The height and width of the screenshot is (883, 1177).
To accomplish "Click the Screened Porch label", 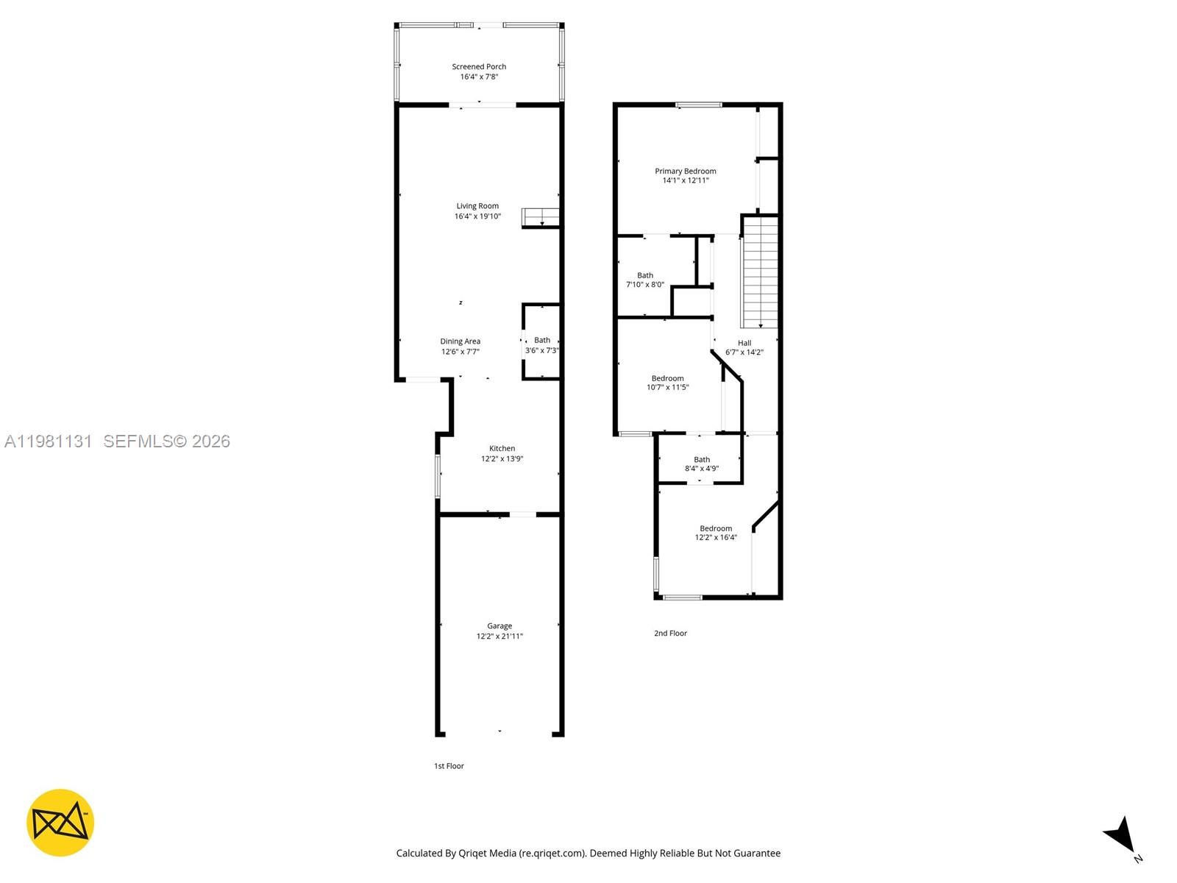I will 479,67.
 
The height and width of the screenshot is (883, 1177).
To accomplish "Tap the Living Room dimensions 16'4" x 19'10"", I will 477,216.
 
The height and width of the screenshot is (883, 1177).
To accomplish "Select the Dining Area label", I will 461,341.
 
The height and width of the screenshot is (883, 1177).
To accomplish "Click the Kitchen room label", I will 502,449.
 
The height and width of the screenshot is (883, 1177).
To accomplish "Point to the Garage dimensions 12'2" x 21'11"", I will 499,636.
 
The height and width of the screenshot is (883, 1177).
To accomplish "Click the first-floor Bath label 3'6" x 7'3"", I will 542,341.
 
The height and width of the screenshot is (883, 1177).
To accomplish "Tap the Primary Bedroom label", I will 686,171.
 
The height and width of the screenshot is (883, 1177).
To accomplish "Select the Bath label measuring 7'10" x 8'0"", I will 645,276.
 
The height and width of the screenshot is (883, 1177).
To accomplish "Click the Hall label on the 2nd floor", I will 744,343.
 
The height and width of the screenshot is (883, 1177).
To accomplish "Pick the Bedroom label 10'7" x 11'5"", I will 667,379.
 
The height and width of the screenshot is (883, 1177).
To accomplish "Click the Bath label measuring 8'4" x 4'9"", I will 702,460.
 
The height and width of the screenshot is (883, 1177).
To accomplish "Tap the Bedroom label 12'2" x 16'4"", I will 716,529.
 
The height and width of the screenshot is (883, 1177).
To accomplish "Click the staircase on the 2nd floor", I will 760,272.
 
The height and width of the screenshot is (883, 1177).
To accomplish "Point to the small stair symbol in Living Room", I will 541,217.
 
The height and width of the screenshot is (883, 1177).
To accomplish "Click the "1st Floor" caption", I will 449,766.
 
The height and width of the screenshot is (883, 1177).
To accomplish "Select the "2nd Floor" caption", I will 670,634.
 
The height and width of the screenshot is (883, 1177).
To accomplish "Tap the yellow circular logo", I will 60,823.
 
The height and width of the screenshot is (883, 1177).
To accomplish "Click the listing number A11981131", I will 49,441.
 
